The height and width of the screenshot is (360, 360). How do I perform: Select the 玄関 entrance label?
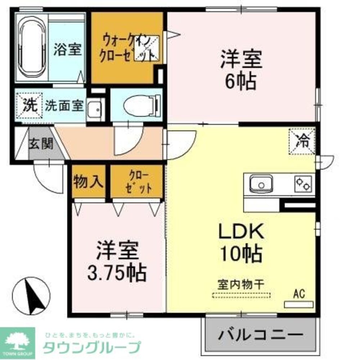tap(41, 144)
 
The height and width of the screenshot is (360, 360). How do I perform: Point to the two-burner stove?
tap(303, 184)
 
